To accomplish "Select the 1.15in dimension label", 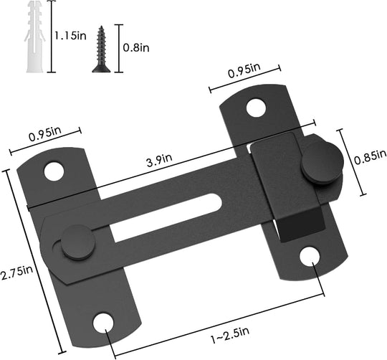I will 71,34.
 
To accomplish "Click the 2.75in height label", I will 16,270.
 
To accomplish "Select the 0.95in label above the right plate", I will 243,72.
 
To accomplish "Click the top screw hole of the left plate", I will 52,171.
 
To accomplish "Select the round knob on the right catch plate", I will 317,165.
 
